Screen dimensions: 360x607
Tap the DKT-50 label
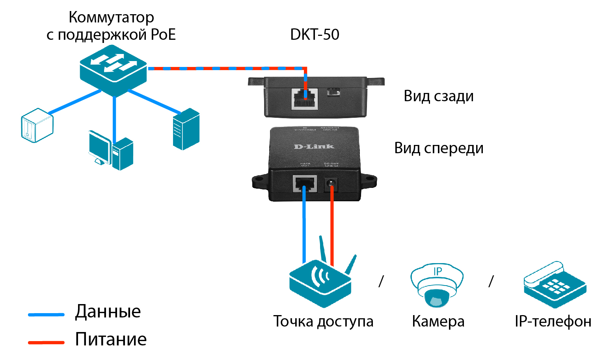[x=315, y=35]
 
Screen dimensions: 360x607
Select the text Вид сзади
[x=438, y=96]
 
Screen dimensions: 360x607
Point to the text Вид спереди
[x=439, y=148]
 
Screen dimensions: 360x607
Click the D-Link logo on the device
[x=314, y=147]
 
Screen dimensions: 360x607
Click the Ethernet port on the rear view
[x=305, y=98]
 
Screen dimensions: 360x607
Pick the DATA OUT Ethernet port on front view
[x=305, y=184]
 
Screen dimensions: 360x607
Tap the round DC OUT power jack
[x=331, y=184]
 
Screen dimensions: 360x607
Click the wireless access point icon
[x=320, y=282]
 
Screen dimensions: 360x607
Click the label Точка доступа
[x=323, y=321]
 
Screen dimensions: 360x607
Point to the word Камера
[x=438, y=321]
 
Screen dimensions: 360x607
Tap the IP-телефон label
[x=553, y=321]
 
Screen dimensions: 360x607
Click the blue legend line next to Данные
[x=46, y=314]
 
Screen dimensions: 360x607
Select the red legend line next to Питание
[x=46, y=343]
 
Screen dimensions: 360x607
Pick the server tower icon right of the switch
[x=186, y=129]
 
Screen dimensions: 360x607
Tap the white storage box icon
[x=37, y=125]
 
